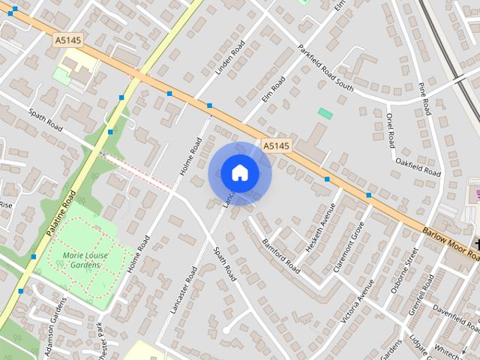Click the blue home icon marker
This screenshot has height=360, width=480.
239,173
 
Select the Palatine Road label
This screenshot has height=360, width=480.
61,214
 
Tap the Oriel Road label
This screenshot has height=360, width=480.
390,130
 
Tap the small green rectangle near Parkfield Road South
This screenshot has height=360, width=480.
325,113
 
